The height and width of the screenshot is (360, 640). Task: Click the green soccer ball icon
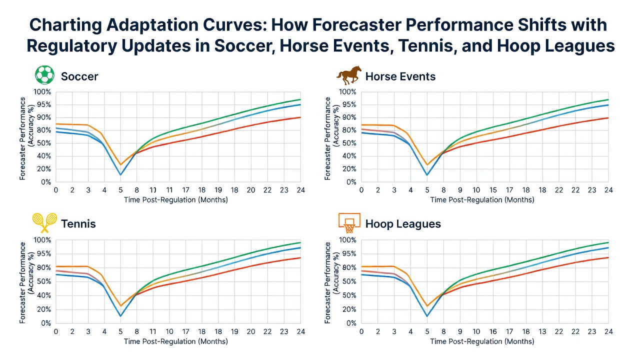point(44,75)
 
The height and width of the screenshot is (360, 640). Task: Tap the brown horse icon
point(349,75)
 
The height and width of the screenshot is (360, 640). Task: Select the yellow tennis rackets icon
point(44,222)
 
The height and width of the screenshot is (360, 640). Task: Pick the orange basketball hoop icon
point(349,223)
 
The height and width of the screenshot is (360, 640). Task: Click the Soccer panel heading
point(79,76)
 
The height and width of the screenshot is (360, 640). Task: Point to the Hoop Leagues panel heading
point(403,223)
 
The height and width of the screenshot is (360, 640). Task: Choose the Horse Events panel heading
point(400,76)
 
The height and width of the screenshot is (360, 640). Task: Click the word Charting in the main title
point(65,25)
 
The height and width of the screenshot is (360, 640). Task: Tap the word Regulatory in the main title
point(71,45)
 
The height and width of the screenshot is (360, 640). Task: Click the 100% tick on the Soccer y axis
point(42,92)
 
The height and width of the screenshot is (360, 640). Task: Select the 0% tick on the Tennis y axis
point(46,323)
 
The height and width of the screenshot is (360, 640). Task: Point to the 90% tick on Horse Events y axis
point(347,117)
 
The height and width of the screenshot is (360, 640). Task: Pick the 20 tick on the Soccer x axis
point(251,190)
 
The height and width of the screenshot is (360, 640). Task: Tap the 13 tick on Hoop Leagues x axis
point(542,331)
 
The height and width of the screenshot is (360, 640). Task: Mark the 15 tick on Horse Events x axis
point(493,190)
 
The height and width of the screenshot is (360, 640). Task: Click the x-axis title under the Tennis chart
point(175,341)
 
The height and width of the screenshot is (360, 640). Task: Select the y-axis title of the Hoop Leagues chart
point(331,283)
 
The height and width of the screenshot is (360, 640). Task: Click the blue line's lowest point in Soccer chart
point(120,174)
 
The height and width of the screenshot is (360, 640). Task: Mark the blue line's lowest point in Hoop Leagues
point(427,316)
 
